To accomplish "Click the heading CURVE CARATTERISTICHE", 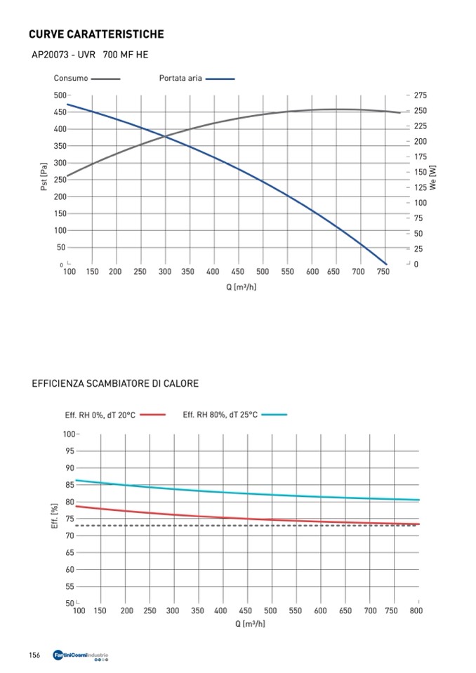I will pyautogui.click(x=96, y=34).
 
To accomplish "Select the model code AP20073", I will pyautogui.click(x=48, y=54).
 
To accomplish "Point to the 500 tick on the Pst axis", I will pyautogui.click(x=60, y=95).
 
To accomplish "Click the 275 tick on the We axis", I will pyautogui.click(x=421, y=95).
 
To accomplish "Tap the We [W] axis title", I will pyautogui.click(x=433, y=178).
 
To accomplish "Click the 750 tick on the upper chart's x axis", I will pyautogui.click(x=383, y=272).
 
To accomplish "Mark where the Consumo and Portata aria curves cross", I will pyautogui.click(x=166, y=136).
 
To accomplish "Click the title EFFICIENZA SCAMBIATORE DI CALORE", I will pyautogui.click(x=115, y=384).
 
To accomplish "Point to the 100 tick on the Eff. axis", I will pyautogui.click(x=68, y=434).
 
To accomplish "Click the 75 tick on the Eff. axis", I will pyautogui.click(x=70, y=519).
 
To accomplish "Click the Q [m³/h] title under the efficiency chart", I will pyautogui.click(x=250, y=624).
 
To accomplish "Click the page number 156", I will pyautogui.click(x=34, y=655).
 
